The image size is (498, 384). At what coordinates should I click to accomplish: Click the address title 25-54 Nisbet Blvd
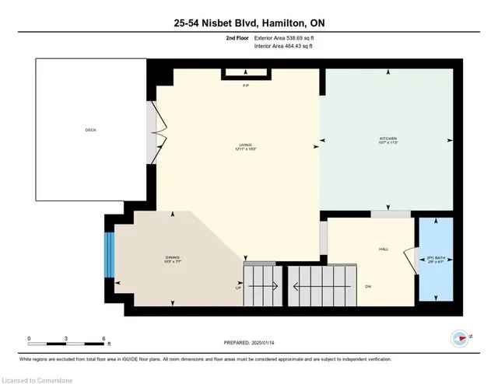(x=249, y=24)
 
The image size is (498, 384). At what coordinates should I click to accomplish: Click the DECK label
(x=91, y=130)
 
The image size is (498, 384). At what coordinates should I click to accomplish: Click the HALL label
(x=383, y=250)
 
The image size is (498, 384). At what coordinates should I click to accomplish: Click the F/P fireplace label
(x=245, y=85)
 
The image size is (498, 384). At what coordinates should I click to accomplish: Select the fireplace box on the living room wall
(x=246, y=74)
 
